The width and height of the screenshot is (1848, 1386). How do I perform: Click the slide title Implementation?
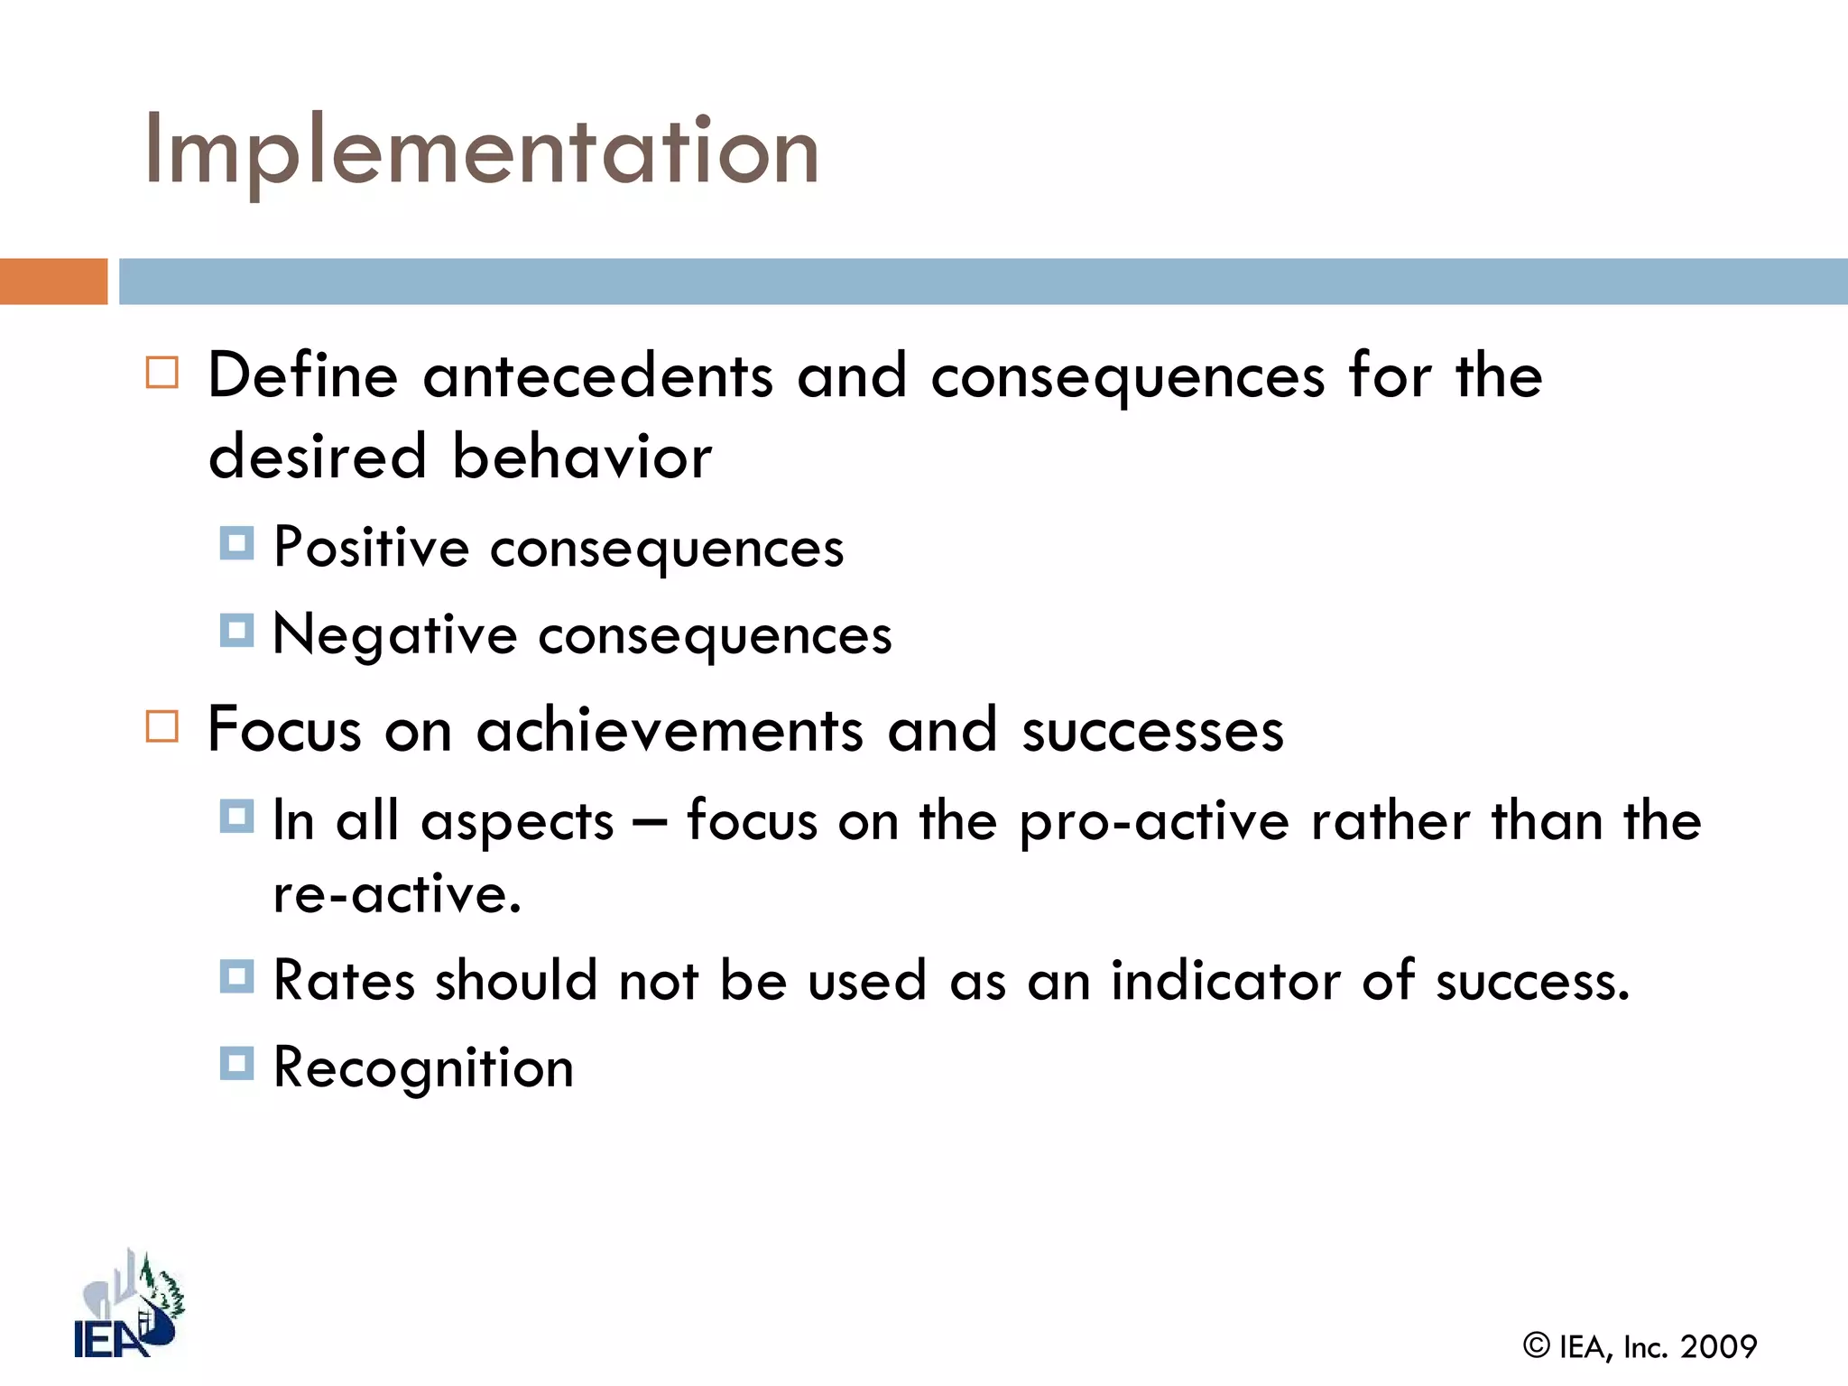tap(481, 151)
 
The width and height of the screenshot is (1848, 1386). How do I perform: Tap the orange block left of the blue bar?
tap(53, 282)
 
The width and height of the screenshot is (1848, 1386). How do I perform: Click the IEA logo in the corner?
tap(129, 1306)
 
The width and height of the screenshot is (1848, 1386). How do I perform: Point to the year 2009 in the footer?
tap(1718, 1347)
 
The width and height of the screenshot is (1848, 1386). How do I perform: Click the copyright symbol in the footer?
tap(1537, 1345)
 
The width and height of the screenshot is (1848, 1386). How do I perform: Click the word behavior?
tap(582, 457)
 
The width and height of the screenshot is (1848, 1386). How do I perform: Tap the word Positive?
tap(371, 547)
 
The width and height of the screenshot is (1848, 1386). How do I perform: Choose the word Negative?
tap(394, 634)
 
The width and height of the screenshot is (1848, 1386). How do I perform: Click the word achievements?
tap(670, 730)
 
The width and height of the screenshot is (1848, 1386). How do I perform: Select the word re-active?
tap(397, 895)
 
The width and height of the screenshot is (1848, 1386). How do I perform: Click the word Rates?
tap(344, 981)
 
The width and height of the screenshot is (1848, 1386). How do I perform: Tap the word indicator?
tap(1225, 981)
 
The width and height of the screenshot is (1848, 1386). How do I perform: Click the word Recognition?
tap(423, 1068)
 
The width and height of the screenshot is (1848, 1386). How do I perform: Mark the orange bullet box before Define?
tap(162, 373)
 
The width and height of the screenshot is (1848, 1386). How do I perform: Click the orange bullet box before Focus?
tap(162, 726)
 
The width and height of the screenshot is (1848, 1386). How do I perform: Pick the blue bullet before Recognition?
tap(236, 1063)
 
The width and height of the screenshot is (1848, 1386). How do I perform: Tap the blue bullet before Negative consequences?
tap(236, 631)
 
